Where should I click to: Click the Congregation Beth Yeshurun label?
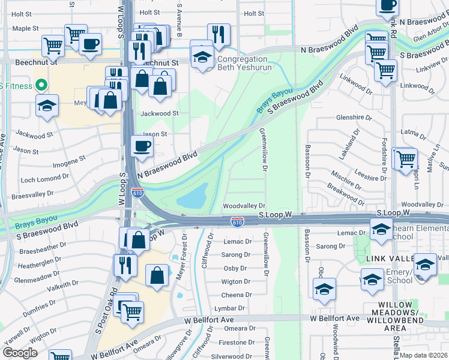[x=243, y=63]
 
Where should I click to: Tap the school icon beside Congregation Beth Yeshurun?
[x=202, y=57]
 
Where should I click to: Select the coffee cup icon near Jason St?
[x=142, y=146]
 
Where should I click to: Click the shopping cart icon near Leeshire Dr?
[x=406, y=158]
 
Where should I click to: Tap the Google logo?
[x=20, y=353]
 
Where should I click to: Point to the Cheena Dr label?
[x=236, y=295]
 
